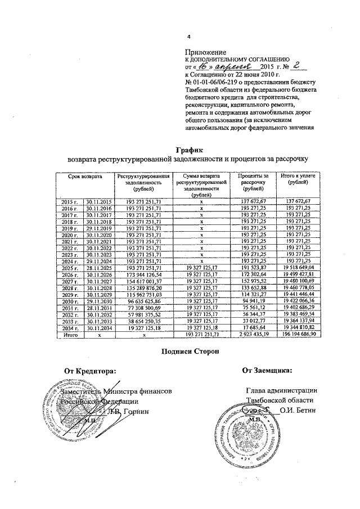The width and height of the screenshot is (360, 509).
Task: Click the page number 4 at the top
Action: [x=189, y=38]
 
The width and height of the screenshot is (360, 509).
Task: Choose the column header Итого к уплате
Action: [x=298, y=181]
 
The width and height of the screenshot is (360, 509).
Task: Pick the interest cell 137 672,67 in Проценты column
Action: [x=252, y=201]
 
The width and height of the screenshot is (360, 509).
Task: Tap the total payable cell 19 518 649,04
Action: [x=298, y=267]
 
